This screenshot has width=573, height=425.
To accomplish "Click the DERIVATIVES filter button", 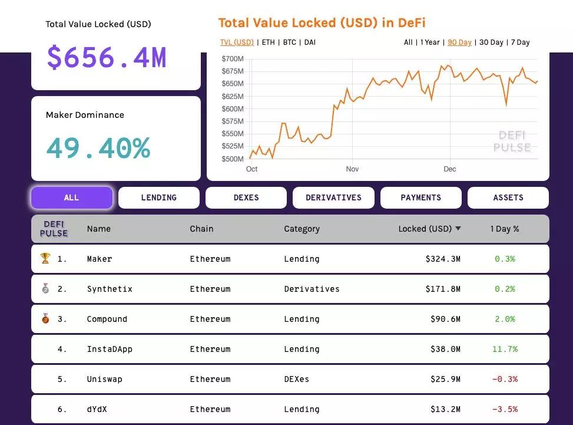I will click(x=333, y=197).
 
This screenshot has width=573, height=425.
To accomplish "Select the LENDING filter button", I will click(x=158, y=197).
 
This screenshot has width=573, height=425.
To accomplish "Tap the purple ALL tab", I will click(x=71, y=197).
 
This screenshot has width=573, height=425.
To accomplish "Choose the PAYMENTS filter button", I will click(x=420, y=197).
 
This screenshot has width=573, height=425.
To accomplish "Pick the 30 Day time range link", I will click(x=491, y=42).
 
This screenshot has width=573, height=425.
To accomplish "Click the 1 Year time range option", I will click(x=430, y=42).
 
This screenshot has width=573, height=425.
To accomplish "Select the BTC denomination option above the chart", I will click(x=289, y=42).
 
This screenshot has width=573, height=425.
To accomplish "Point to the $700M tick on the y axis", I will click(x=233, y=59).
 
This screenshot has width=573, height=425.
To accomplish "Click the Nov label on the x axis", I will click(x=352, y=169).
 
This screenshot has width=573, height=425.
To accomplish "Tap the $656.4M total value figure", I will click(x=107, y=58).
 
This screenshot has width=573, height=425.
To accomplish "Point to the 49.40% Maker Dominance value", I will click(x=98, y=148).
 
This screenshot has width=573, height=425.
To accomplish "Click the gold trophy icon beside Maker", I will click(x=45, y=258).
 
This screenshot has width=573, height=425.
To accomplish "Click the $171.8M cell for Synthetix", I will click(x=443, y=289).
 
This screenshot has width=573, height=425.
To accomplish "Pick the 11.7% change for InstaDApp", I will click(x=505, y=349).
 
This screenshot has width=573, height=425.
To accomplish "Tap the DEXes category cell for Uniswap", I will click(x=296, y=379).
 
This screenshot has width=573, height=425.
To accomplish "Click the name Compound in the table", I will click(x=107, y=319).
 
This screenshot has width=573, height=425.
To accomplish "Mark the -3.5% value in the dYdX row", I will click(x=505, y=409).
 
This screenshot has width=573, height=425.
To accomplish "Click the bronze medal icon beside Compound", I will click(x=45, y=319).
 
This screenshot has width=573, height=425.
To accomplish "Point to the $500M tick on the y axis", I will click(x=233, y=159).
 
